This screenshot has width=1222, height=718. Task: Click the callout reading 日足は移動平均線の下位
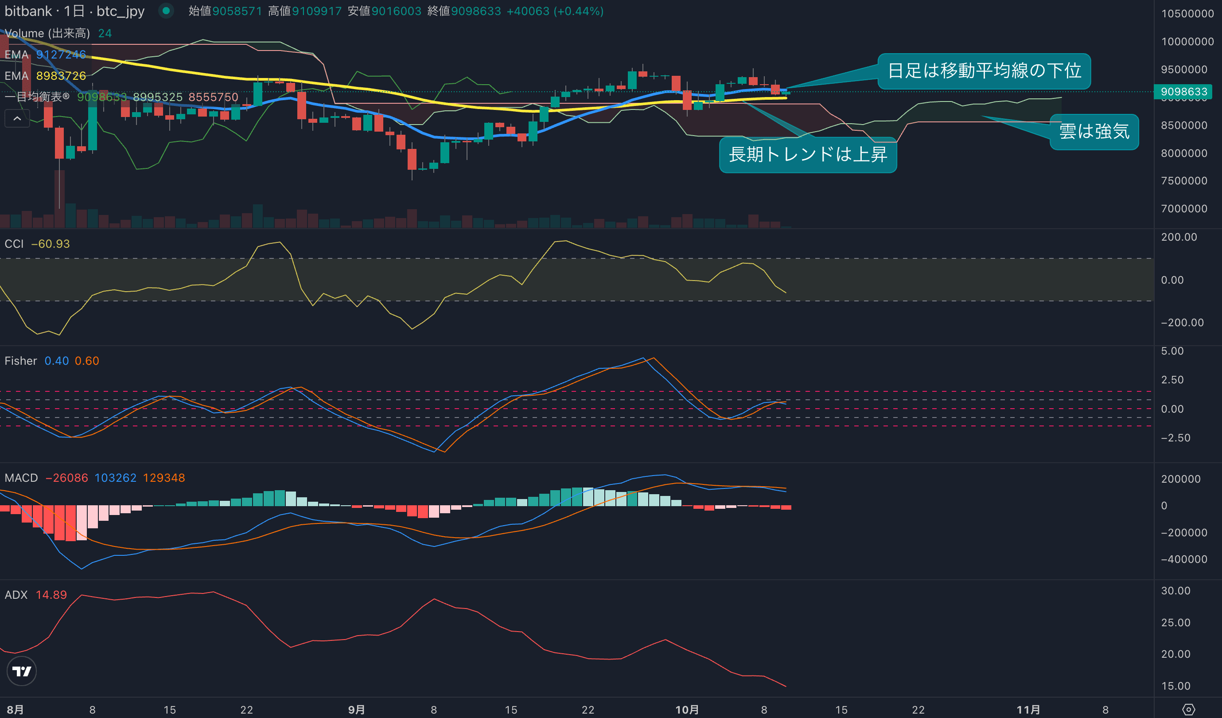click(x=984, y=71)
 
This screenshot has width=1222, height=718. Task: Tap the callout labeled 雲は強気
click(x=1094, y=132)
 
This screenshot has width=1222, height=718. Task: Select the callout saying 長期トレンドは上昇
click(x=808, y=154)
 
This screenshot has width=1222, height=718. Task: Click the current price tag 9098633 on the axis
click(x=1183, y=92)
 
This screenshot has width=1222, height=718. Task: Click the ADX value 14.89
click(x=51, y=595)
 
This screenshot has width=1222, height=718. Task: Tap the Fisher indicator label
click(x=20, y=361)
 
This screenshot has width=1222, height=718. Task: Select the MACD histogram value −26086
click(x=67, y=478)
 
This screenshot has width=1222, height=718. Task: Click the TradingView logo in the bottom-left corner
click(x=21, y=671)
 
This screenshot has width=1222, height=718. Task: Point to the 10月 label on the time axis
click(x=687, y=710)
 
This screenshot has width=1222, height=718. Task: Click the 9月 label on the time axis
click(x=356, y=710)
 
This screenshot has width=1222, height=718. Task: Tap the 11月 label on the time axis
click(x=1027, y=710)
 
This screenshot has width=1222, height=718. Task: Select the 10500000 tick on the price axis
click(x=1187, y=14)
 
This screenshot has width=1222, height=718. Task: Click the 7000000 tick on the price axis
click(x=1184, y=209)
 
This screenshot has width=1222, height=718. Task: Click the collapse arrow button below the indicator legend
click(x=17, y=118)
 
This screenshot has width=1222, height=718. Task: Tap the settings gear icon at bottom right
click(x=1188, y=710)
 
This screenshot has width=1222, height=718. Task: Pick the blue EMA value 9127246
click(x=61, y=55)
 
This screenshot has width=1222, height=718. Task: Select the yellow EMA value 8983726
click(x=61, y=76)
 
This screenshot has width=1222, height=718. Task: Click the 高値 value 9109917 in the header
click(x=317, y=11)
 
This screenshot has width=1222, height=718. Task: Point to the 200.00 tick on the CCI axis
click(x=1179, y=237)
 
